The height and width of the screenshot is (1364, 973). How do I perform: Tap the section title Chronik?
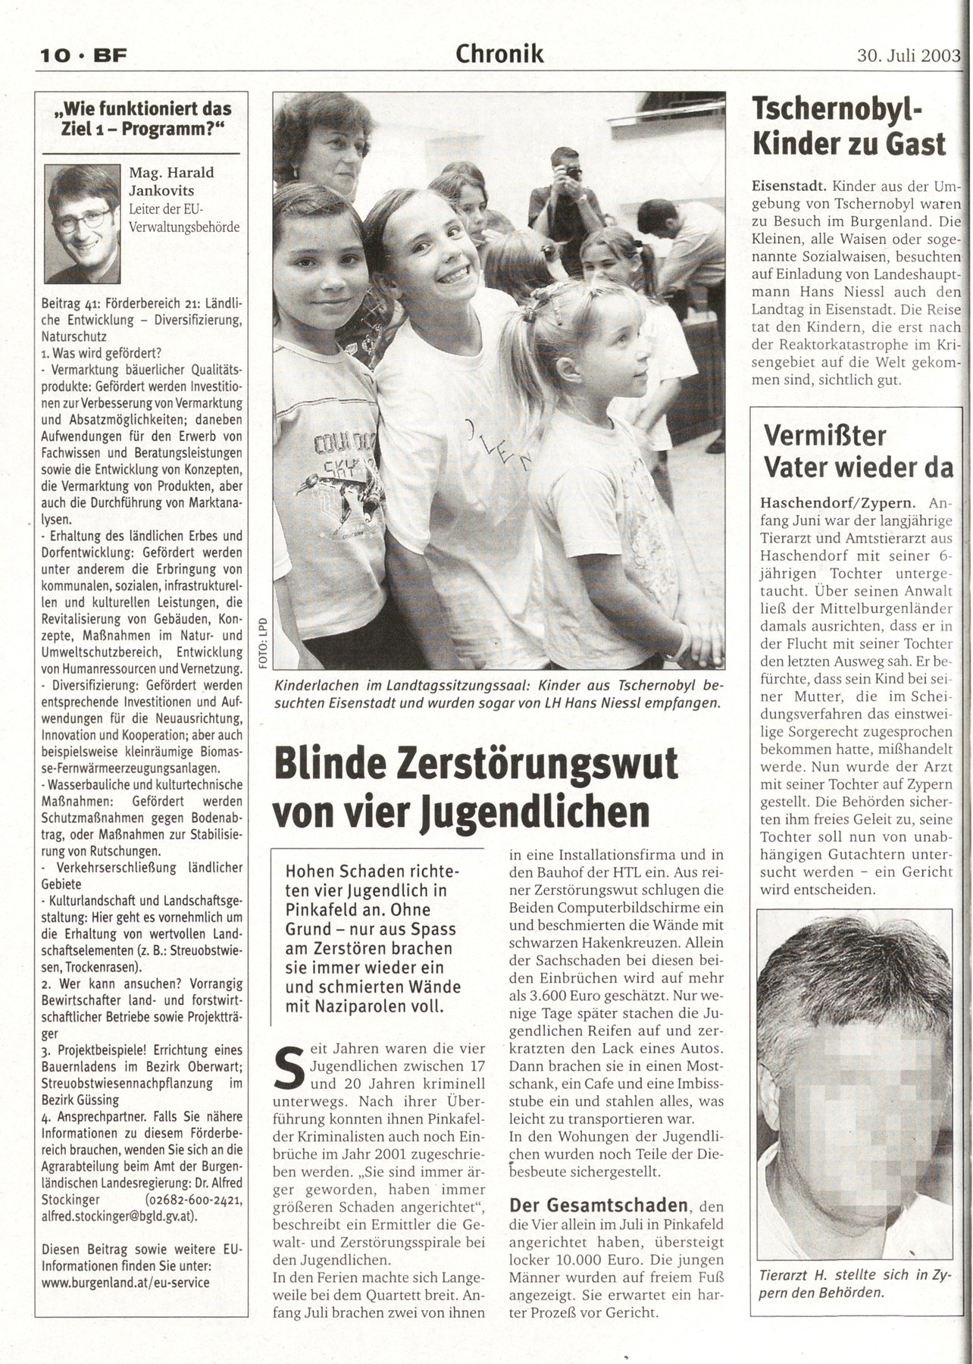click(x=499, y=54)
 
